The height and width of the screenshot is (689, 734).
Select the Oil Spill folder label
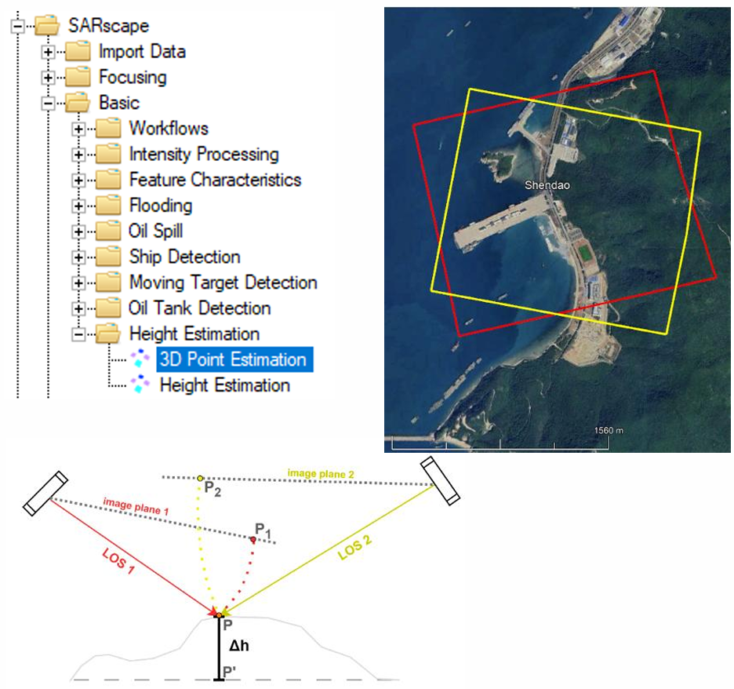click(x=156, y=231)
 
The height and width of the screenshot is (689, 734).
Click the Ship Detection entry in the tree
click(x=185, y=257)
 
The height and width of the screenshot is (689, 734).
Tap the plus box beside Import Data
click(x=48, y=52)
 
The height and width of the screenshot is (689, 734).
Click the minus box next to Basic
click(x=48, y=103)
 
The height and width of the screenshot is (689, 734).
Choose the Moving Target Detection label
click(x=223, y=283)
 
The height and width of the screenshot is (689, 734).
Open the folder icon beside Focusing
click(x=78, y=77)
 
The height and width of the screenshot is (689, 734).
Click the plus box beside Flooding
click(x=78, y=206)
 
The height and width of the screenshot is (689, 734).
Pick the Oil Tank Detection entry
click(x=200, y=308)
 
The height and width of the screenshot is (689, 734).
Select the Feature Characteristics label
click(x=216, y=180)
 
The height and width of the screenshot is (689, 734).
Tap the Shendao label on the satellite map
click(x=547, y=185)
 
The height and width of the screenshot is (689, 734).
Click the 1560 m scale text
click(x=609, y=431)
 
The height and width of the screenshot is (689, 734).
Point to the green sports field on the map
click(x=584, y=254)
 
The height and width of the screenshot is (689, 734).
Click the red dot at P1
click(x=253, y=540)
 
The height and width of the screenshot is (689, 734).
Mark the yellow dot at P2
click(x=200, y=478)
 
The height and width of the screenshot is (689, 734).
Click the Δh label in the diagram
click(x=238, y=646)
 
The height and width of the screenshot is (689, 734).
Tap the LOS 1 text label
click(x=118, y=561)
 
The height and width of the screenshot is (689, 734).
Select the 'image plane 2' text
click(x=321, y=473)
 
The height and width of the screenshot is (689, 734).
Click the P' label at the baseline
click(x=229, y=673)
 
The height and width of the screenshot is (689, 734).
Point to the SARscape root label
click(x=108, y=26)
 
